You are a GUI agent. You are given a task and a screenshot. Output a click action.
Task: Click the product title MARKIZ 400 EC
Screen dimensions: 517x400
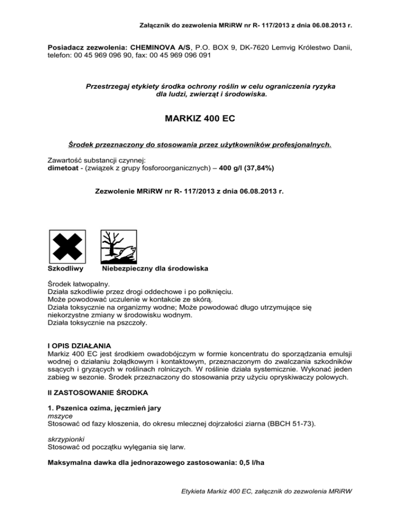[199, 119]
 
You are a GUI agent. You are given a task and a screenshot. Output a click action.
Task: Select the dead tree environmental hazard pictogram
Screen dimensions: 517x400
[117, 247]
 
